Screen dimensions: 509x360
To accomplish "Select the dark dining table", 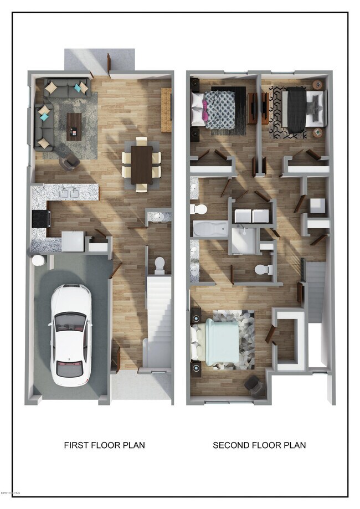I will (x=141, y=164).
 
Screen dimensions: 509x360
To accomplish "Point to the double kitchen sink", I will (x=70, y=193).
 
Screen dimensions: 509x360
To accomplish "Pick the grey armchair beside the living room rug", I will (x=71, y=162).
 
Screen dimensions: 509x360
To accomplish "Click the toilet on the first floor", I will (x=160, y=265).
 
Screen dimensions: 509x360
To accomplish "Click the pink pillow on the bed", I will (x=204, y=116).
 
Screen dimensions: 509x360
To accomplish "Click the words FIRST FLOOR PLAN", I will (x=105, y=445).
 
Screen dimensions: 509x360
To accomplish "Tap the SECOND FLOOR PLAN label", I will (x=259, y=445).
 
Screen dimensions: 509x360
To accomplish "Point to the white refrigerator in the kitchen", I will (x=73, y=241).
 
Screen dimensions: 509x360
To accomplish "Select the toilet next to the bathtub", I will (x=198, y=209).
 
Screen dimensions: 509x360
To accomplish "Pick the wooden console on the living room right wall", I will (x=166, y=110).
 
